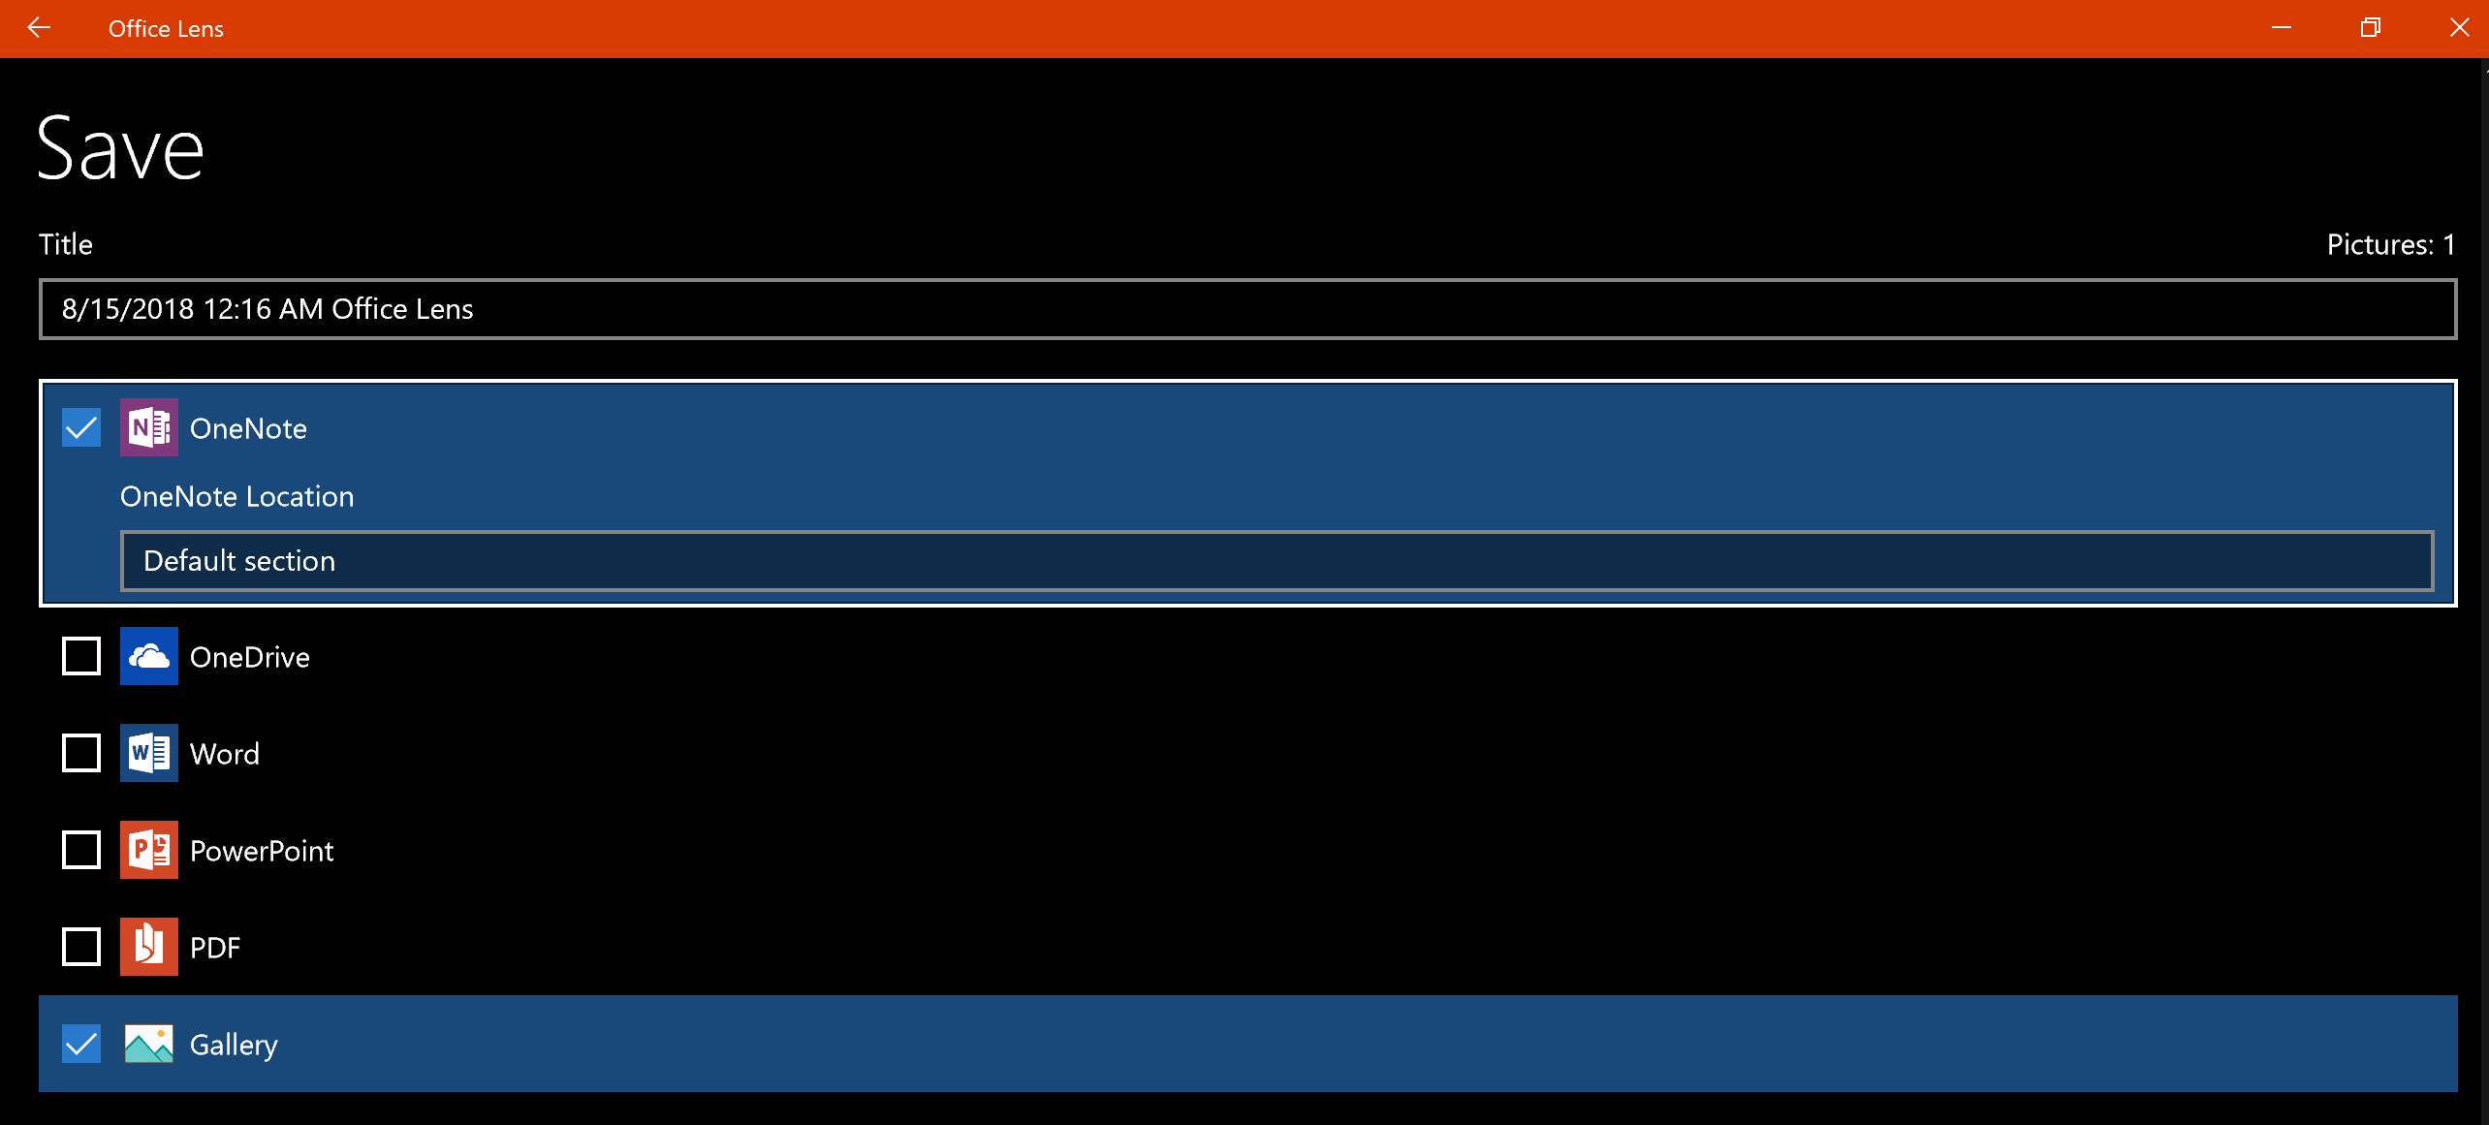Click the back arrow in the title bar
(x=39, y=28)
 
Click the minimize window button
(x=2282, y=28)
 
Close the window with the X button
(x=2459, y=28)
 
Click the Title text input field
(x=1246, y=309)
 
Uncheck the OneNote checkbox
(x=81, y=427)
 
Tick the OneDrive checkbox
(x=81, y=656)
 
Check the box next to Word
(x=81, y=753)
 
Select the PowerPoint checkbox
(x=81, y=850)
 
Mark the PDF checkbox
(x=81, y=947)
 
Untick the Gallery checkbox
(x=81, y=1044)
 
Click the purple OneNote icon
(x=148, y=427)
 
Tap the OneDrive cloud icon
(x=148, y=656)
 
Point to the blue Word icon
(x=148, y=753)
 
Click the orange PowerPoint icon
(x=148, y=850)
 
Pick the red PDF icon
(x=148, y=947)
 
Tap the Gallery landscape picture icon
(x=148, y=1044)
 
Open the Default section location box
(x=1276, y=561)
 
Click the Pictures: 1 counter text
(x=2390, y=245)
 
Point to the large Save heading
(x=120, y=149)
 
